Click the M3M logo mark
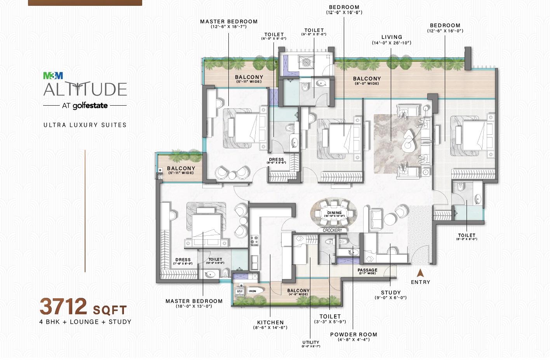point(53,76)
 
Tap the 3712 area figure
point(64,306)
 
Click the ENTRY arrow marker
point(420,273)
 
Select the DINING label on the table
point(334,213)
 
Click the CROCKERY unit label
point(332,230)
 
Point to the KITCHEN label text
point(270,322)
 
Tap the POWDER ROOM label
point(353,334)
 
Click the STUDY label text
point(391,292)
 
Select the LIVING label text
point(392,37)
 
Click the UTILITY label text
point(311,342)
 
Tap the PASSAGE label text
point(367,270)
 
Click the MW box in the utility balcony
point(240,291)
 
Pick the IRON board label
point(252,291)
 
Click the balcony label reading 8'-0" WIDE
point(367,83)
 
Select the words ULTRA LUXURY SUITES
point(85,125)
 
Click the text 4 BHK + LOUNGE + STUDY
point(85,322)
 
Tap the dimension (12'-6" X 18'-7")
point(228,27)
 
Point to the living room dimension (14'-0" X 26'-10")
point(392,43)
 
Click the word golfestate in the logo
point(90,106)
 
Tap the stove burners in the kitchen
point(254,240)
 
